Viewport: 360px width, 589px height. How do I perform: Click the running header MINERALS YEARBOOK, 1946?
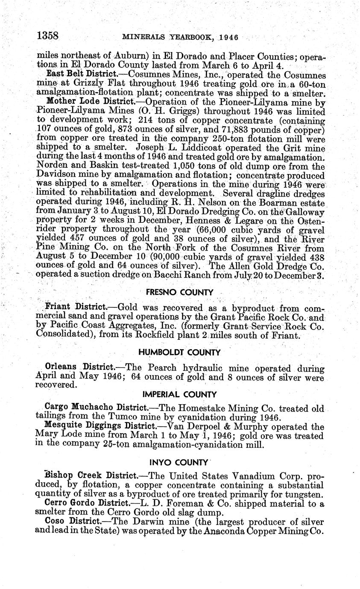179,37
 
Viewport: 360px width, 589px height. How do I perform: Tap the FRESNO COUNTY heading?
179,292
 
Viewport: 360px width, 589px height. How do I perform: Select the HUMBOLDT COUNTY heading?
179,352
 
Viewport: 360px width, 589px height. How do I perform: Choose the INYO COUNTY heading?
179,462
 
